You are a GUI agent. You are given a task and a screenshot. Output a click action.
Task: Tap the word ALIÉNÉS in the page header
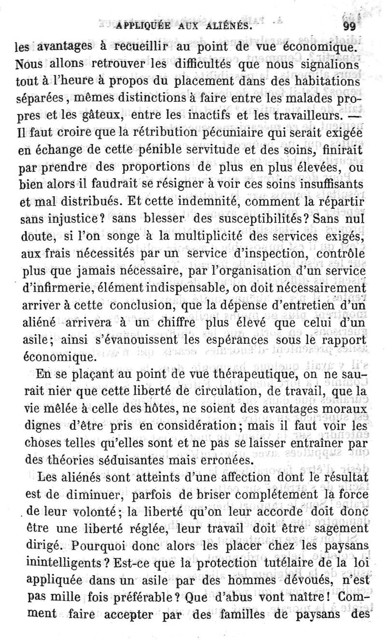tap(227, 27)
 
